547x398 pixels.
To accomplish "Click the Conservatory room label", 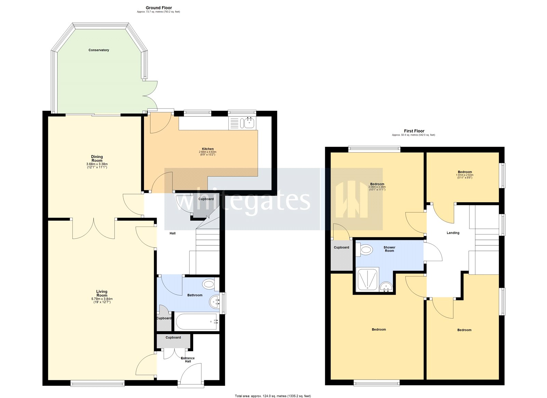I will coord(99,50).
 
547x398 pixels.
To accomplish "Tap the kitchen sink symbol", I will coord(249,123).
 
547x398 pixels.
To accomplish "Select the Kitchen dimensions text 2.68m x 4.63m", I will coord(208,152).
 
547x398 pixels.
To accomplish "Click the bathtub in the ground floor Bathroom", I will coord(196,322).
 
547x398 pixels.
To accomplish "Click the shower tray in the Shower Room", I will coord(368,279).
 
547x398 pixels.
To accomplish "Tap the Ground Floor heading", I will coord(159,8).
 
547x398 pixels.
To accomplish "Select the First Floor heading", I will coord(414,131).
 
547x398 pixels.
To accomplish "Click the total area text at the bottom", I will coord(273,396).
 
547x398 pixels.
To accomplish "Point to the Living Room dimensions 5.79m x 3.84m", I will coord(102,299).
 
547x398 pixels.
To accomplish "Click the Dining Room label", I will coord(97,159).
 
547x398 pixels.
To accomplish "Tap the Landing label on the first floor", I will coord(453,233).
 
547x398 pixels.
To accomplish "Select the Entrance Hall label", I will coord(188,360).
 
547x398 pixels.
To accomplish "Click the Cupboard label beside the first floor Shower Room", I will coord(342,247).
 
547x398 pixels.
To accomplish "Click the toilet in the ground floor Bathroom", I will coord(209,284).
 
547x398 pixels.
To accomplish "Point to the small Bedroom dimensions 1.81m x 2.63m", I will coord(465,175).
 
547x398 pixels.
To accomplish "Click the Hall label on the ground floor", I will coord(173,233).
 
